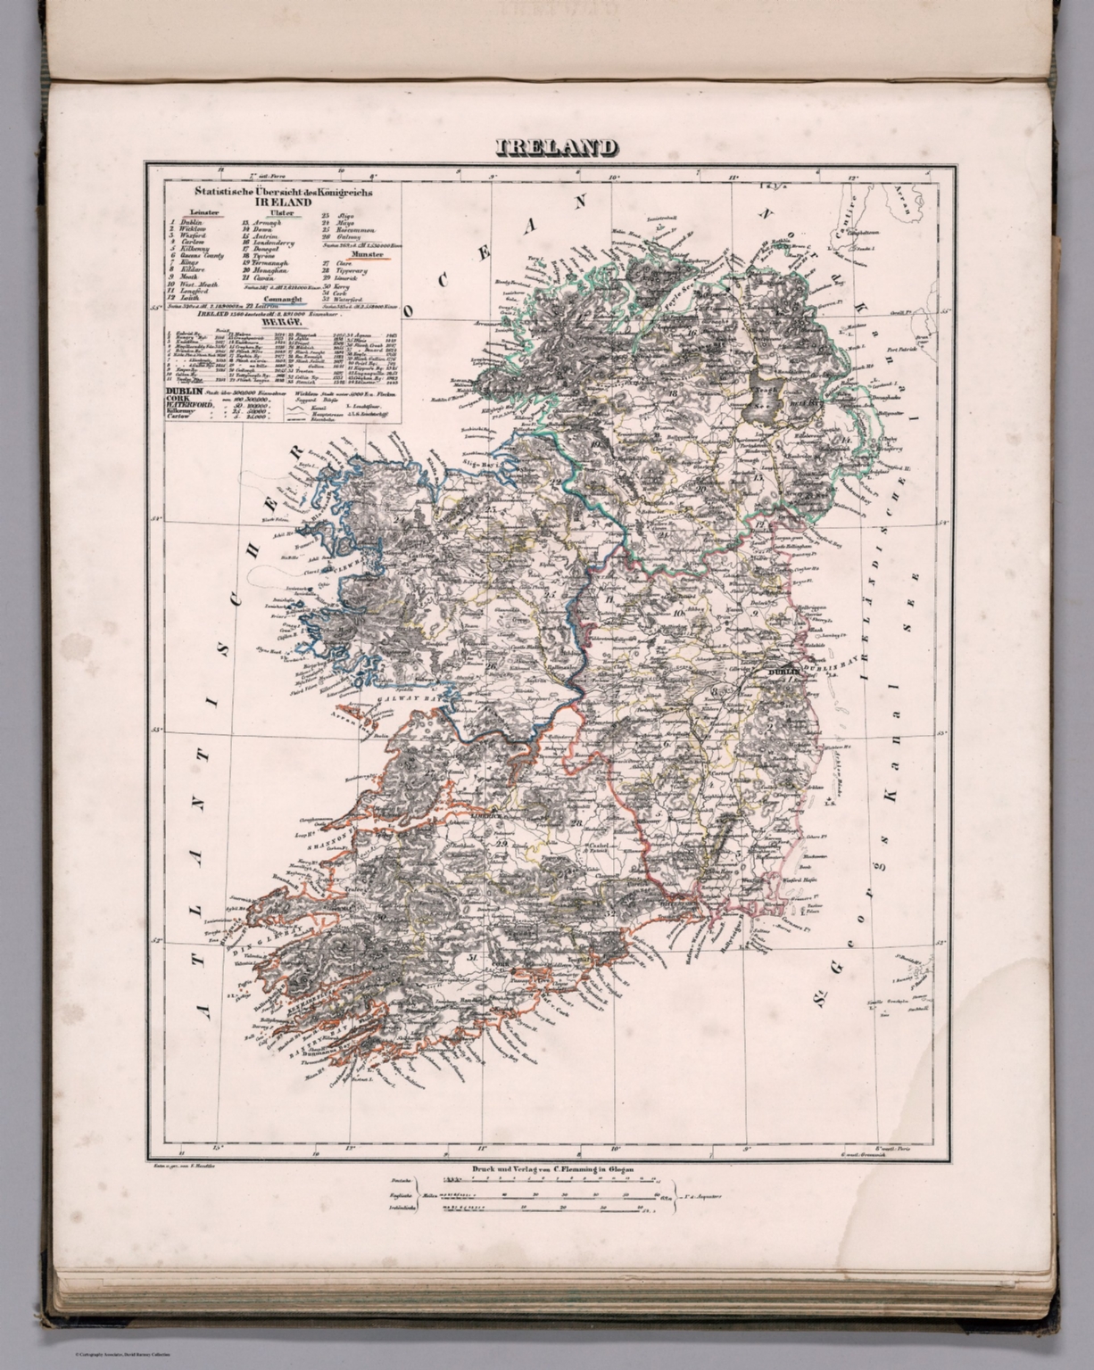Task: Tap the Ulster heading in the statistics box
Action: [283, 213]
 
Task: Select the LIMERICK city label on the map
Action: [488, 815]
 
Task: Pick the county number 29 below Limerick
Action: [501, 845]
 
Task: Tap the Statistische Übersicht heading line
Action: [278, 192]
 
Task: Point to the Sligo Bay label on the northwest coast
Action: [481, 465]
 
